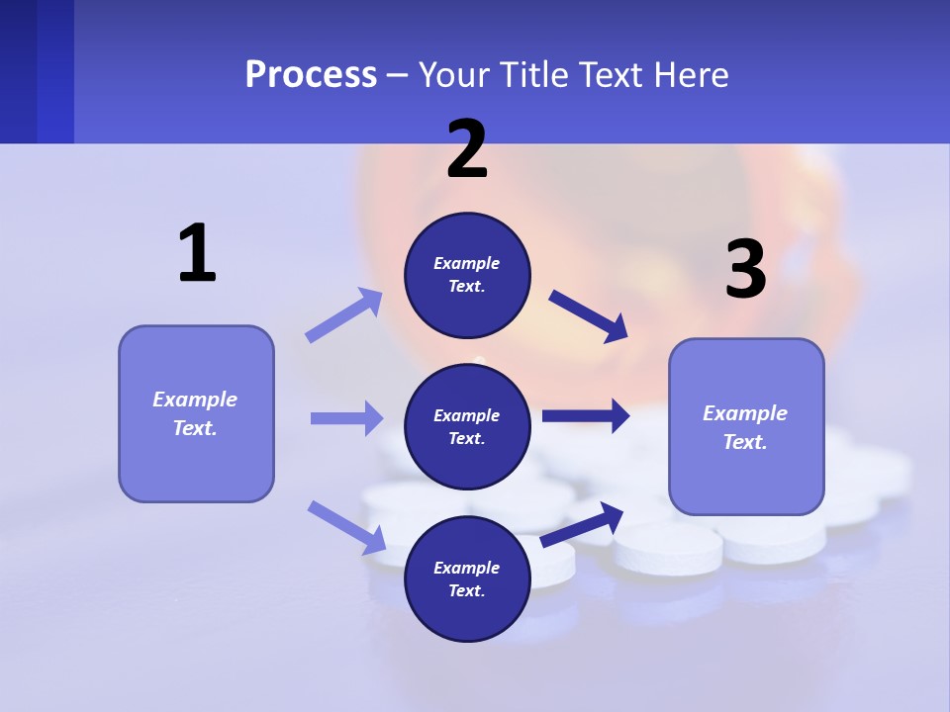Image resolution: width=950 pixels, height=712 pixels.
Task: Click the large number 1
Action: pyautogui.click(x=197, y=254)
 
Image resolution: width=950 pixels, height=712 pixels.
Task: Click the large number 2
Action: pyautogui.click(x=467, y=149)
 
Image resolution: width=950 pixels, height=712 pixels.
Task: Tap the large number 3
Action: pyautogui.click(x=745, y=269)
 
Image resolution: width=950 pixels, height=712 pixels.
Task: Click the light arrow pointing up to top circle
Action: pyautogui.click(x=343, y=315)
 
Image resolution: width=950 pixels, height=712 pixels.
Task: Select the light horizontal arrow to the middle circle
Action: pyautogui.click(x=346, y=418)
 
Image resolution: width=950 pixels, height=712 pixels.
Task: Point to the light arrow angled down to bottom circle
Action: pyautogui.click(x=346, y=527)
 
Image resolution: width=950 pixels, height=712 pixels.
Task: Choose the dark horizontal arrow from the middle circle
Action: pyautogui.click(x=586, y=416)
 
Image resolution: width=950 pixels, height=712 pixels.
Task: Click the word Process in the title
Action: pyautogui.click(x=311, y=74)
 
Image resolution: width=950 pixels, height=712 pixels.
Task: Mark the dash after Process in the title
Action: pyautogui.click(x=398, y=75)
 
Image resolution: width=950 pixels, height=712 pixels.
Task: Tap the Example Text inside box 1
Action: pyautogui.click(x=195, y=413)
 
